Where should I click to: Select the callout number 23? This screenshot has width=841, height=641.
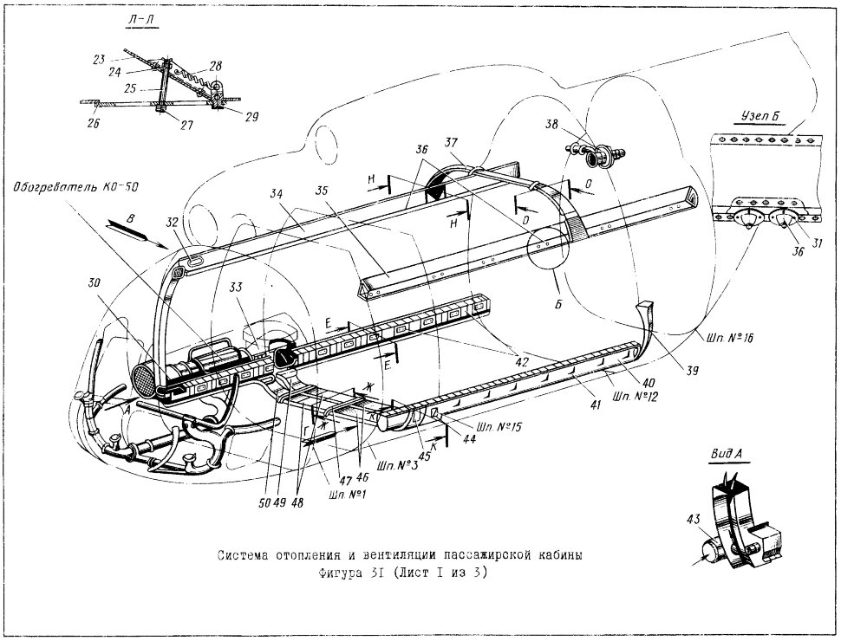(x=99, y=60)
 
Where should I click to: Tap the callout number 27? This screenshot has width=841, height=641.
(x=186, y=125)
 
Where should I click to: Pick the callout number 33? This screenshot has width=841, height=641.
(x=235, y=288)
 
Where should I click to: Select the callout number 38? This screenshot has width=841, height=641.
(x=552, y=125)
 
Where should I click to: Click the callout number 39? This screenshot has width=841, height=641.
(x=692, y=370)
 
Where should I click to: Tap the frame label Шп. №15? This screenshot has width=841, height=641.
(x=498, y=427)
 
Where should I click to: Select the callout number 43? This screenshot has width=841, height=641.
(x=693, y=519)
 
